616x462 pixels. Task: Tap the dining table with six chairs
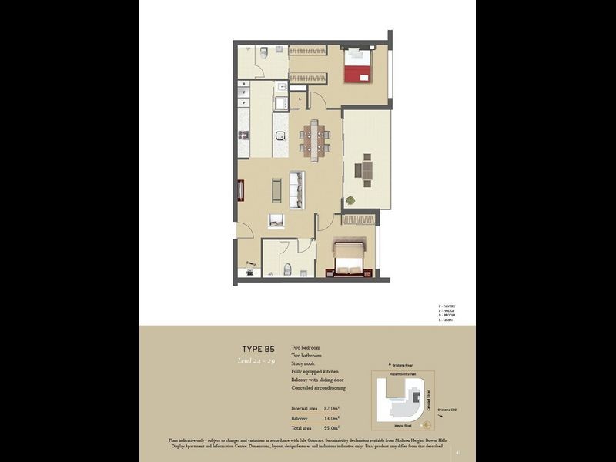coord(314,139)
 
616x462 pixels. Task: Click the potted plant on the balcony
coord(351,201)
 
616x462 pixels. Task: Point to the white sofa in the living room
coord(296,188)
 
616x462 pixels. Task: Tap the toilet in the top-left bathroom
coord(263,52)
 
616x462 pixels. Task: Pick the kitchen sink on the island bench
coord(280,136)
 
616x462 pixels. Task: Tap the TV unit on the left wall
coord(240,189)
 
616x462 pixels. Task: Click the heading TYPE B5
coord(259,348)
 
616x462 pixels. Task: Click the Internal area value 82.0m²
coord(330,407)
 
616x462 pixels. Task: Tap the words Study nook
coord(307,364)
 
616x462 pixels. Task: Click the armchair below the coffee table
coord(276,221)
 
